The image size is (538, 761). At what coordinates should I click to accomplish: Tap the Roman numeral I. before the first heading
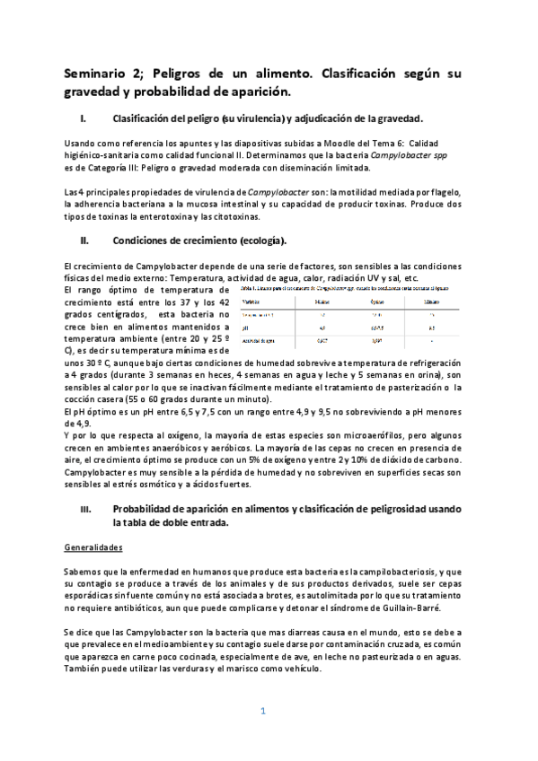coord(82,119)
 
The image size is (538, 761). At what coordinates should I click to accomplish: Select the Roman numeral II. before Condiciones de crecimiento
coord(83,241)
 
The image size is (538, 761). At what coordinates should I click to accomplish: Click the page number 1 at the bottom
coord(263,712)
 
